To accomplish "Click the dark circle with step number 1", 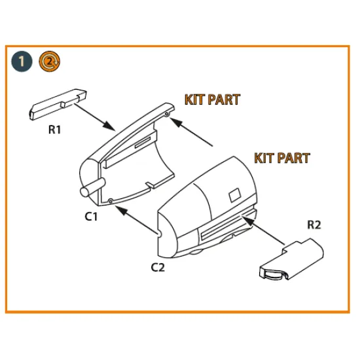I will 22,62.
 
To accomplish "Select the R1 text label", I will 55,130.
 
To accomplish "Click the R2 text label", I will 315,226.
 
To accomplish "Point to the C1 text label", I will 91,217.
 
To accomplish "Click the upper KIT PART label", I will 211,100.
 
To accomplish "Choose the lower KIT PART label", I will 281,158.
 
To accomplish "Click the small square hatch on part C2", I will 234,196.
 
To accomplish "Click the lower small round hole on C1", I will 111,200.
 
